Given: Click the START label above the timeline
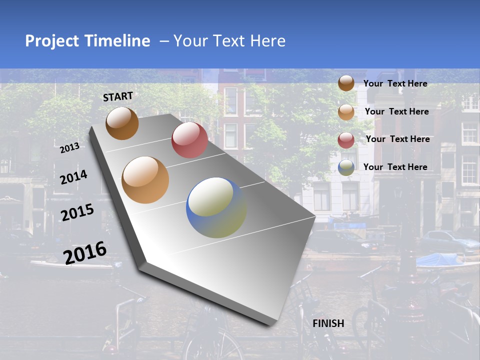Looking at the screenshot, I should tap(118, 96).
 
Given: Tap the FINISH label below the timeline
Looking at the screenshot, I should tap(328, 323).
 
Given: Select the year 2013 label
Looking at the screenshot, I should tap(70, 148).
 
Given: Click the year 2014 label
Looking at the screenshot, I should tap(73, 177).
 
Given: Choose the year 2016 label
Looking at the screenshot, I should tap(85, 252).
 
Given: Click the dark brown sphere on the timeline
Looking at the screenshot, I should tap(122, 123).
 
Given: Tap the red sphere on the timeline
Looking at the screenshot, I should tap(189, 139).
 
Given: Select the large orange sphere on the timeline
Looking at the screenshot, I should tap(145, 179).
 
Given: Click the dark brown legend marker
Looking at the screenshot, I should tap(346, 83).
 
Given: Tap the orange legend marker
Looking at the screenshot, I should tap(346, 112).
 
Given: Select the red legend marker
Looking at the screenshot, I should tap(346, 140).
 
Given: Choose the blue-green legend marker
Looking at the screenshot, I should tap(346, 168).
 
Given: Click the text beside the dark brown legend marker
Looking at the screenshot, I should tap(395, 83).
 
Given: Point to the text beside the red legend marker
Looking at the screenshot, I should tap(397, 139).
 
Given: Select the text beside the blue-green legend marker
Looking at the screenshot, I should tap(395, 167).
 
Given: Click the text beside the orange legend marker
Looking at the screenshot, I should tap(396, 111).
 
